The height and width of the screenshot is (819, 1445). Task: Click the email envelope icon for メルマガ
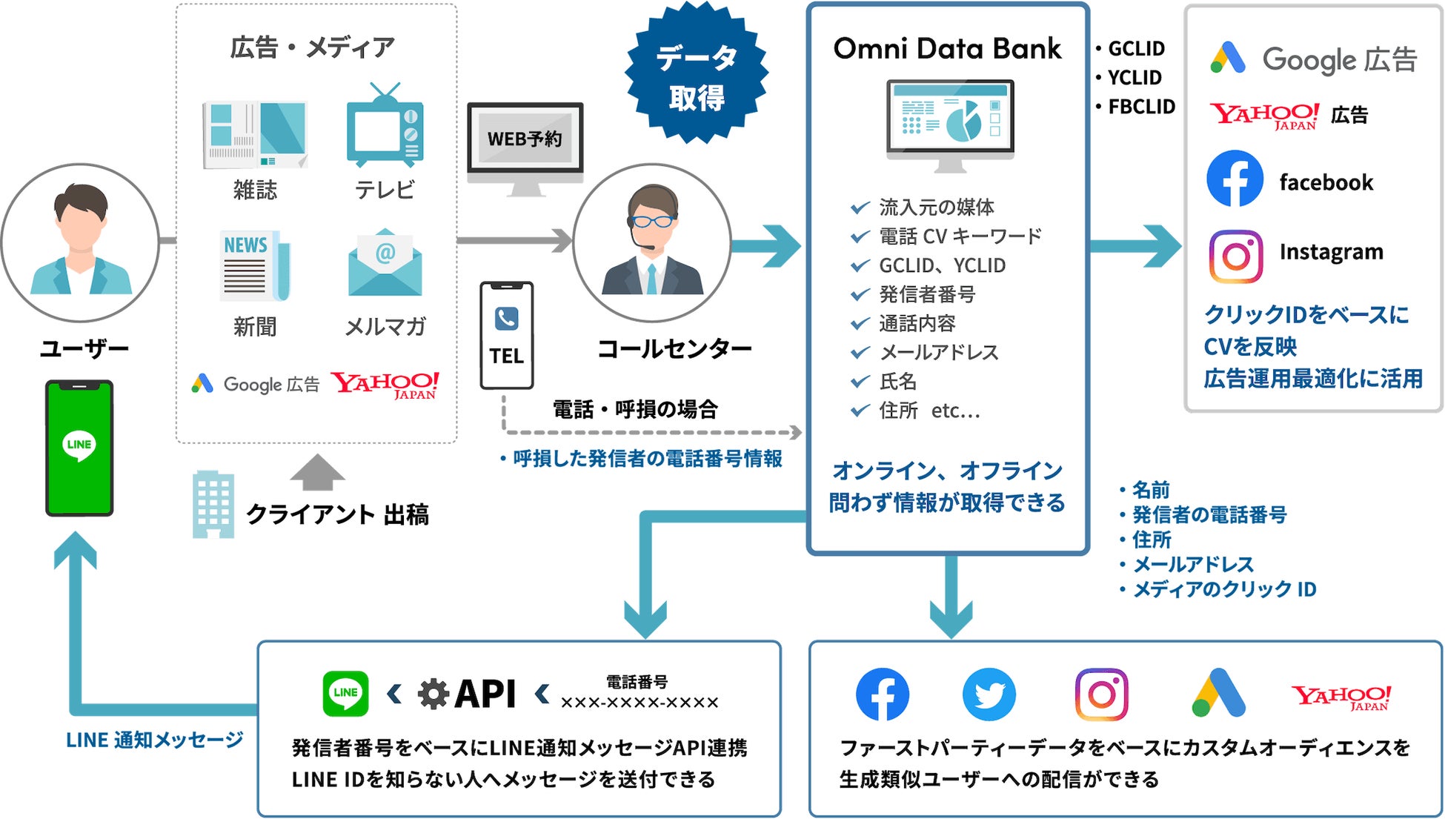click(x=385, y=264)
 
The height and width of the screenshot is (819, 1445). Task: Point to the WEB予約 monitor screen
click(x=525, y=139)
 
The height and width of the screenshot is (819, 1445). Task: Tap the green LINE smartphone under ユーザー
click(x=79, y=448)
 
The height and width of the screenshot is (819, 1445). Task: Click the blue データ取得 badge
click(x=696, y=74)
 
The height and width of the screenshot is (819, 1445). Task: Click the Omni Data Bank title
click(x=947, y=49)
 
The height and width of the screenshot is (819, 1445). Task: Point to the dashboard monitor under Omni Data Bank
click(x=950, y=122)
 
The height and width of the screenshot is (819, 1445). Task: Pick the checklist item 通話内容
click(x=917, y=323)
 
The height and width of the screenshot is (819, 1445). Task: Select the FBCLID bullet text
click(x=1141, y=107)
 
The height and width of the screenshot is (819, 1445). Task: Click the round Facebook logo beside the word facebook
click(x=1235, y=179)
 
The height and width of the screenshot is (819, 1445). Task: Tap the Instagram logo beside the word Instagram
click(x=1235, y=256)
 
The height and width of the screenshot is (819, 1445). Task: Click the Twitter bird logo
click(x=989, y=694)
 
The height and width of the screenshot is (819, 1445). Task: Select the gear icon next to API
click(x=433, y=694)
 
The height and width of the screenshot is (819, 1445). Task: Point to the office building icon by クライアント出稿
click(x=213, y=504)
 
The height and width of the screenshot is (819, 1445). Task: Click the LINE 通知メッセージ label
click(x=154, y=740)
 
